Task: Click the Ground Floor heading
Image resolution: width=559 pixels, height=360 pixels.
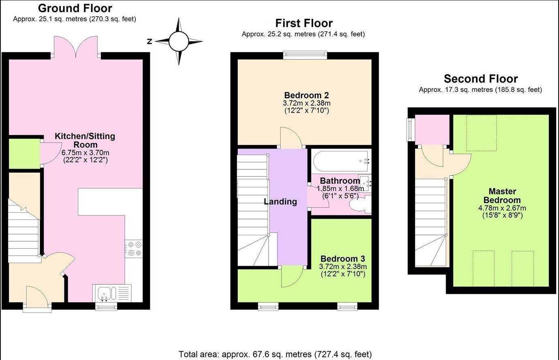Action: (x=75, y=9)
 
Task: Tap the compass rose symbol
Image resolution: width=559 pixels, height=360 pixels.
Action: (x=179, y=41)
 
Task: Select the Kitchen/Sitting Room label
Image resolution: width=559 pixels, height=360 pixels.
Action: (x=85, y=140)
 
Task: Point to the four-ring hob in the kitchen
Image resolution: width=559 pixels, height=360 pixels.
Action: (x=134, y=249)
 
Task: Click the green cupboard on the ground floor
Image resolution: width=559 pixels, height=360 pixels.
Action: (x=24, y=154)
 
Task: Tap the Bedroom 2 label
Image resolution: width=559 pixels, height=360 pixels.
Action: (x=307, y=95)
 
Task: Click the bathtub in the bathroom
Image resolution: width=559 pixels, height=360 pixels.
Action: (x=341, y=161)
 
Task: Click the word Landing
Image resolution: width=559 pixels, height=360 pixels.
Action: (x=280, y=202)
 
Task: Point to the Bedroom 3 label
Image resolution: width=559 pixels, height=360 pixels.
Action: (x=343, y=259)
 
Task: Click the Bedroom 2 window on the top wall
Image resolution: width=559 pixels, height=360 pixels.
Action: (x=305, y=55)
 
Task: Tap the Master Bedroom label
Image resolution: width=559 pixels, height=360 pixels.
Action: (x=502, y=196)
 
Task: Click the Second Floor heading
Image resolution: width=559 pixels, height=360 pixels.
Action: (x=481, y=79)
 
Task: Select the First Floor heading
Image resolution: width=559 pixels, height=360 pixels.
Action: (x=304, y=23)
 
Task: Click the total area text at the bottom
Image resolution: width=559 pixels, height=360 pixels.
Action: (x=275, y=354)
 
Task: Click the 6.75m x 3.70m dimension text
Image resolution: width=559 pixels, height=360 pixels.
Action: (x=85, y=153)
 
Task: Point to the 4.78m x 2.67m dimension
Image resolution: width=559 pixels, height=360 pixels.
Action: (x=502, y=208)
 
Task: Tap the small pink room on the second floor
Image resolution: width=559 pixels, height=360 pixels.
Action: (x=432, y=130)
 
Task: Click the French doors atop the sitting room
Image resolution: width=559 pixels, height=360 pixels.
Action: (x=76, y=47)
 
